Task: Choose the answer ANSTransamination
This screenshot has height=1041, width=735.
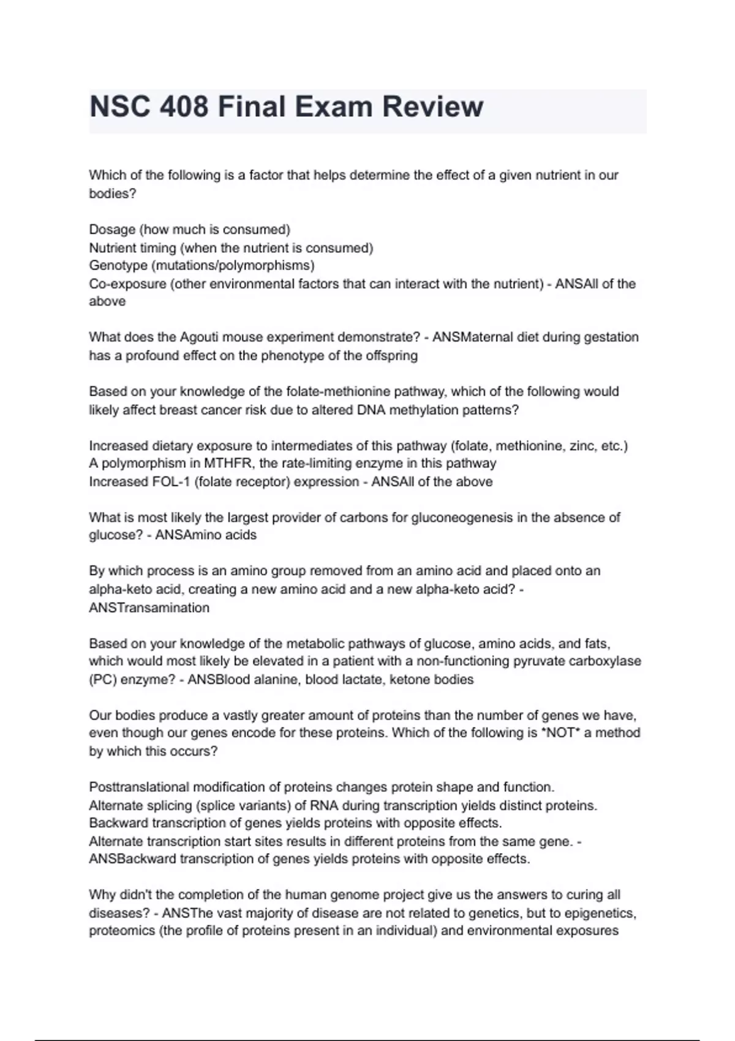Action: point(149,607)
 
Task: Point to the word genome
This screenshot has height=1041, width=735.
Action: point(354,895)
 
